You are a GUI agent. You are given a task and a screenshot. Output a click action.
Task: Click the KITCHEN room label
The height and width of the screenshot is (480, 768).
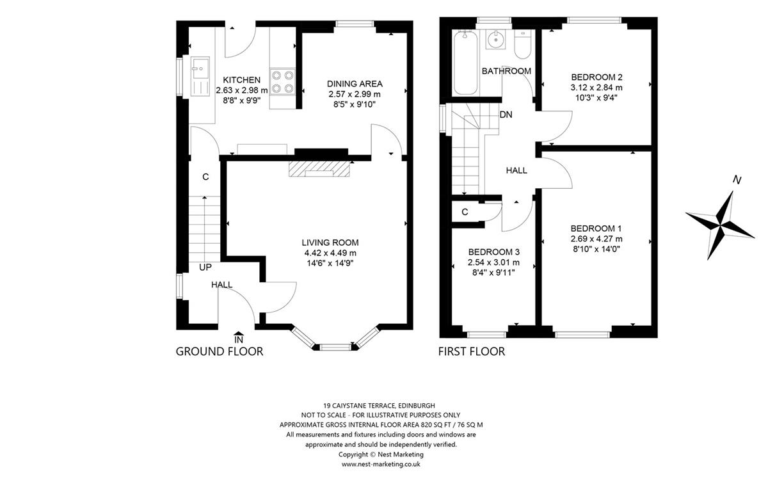click(x=242, y=80)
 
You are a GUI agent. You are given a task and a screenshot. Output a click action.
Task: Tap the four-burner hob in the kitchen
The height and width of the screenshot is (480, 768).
click(x=282, y=82)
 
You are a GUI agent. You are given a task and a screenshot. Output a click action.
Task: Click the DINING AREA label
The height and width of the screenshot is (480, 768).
click(x=355, y=84)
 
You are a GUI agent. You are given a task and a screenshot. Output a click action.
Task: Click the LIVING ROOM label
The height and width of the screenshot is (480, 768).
click(x=330, y=243)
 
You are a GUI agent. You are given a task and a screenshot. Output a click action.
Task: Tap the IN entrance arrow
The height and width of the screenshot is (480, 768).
click(x=239, y=337)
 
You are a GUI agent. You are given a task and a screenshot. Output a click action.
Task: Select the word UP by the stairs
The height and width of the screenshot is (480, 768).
click(x=205, y=267)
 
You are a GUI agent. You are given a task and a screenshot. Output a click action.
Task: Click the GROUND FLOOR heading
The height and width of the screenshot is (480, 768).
click(x=220, y=351)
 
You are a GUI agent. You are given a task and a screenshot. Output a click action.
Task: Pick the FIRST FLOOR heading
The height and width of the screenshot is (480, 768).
click(x=472, y=351)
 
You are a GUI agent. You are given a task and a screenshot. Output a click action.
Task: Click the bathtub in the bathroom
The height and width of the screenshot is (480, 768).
click(x=465, y=63)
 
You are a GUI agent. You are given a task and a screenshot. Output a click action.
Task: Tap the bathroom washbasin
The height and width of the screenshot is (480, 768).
click(x=496, y=40)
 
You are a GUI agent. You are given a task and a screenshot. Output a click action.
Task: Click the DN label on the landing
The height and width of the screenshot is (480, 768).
click(x=506, y=115)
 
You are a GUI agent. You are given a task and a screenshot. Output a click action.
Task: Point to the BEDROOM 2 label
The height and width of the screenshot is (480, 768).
click(x=596, y=77)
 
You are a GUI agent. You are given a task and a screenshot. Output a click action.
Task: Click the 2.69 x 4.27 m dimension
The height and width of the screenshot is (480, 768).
click(x=596, y=239)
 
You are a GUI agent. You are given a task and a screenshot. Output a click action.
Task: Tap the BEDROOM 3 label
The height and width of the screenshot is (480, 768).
click(x=493, y=252)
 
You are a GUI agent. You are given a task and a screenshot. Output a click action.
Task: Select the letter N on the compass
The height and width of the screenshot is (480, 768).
click(x=737, y=180)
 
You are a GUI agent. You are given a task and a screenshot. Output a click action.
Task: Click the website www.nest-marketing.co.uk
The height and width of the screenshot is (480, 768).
click(x=381, y=464)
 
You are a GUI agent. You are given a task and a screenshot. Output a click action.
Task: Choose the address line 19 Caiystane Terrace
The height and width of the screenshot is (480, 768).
click(x=381, y=406)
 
